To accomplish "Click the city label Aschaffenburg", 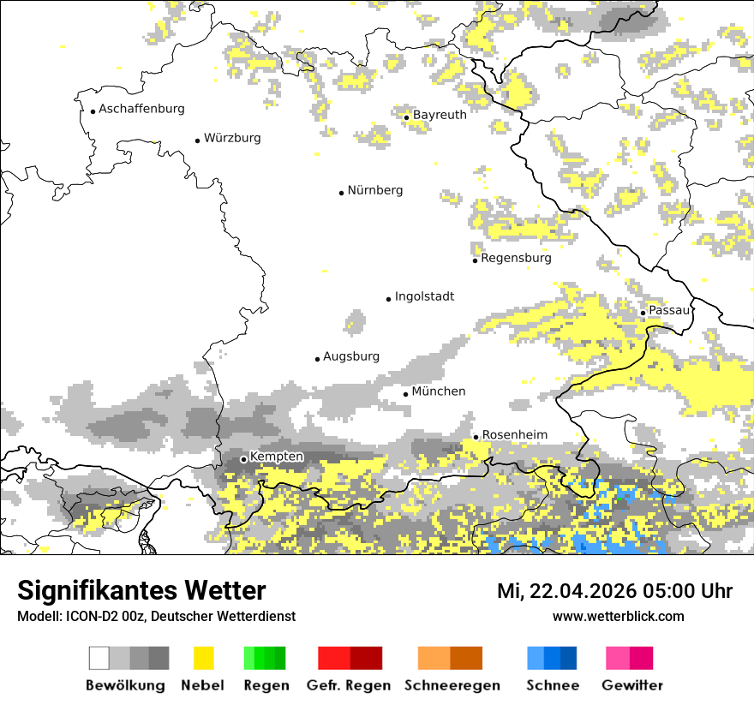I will (141, 109).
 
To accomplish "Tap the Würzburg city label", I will (232, 138).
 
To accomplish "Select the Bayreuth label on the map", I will (440, 115).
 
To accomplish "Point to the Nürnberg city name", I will (374, 190).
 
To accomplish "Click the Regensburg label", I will (516, 258).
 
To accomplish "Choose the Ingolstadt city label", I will (424, 296).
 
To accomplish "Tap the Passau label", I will (668, 310).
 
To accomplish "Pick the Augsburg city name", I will (350, 356).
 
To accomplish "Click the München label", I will (439, 391).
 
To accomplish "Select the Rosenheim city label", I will (514, 435).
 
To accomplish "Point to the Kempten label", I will (276, 457).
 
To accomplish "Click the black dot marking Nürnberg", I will (341, 193).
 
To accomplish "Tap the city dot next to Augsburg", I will (317, 359).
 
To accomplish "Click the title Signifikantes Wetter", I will (141, 590).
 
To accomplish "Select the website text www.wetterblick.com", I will (618, 616).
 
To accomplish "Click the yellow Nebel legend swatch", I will (203, 658).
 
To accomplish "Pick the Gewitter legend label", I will (631, 685).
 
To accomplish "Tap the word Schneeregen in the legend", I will (452, 685).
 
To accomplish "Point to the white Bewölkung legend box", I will (99, 658).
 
